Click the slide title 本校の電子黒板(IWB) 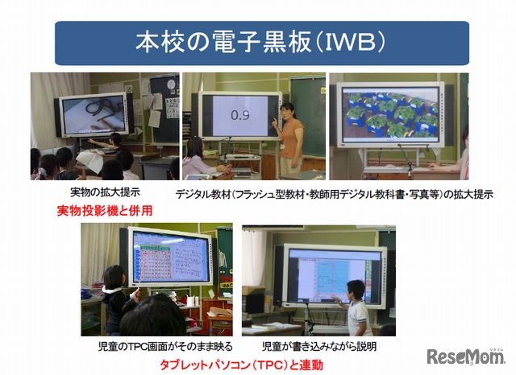tap(257, 43)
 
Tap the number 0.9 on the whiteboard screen tap(239, 115)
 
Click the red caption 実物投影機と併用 tap(105, 211)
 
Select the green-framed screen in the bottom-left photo tap(169, 257)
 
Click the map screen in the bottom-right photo tap(331, 274)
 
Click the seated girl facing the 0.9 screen tap(195, 158)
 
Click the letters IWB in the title tap(347, 43)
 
